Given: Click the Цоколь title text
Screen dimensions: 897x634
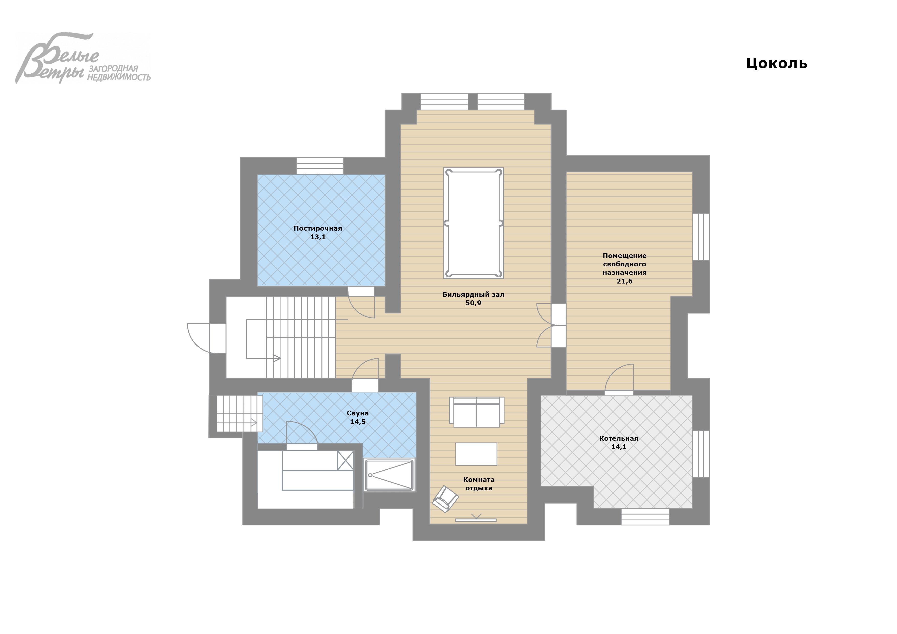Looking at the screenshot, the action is [776, 64].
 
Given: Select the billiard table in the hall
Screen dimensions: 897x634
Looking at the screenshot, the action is [474, 223].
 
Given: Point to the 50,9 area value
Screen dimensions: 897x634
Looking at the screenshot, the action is [474, 303].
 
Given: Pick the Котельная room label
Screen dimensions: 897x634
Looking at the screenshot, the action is [619, 438].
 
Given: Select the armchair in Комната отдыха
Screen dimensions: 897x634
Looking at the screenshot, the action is [445, 499].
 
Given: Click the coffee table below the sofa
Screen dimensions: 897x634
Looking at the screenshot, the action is [476, 454].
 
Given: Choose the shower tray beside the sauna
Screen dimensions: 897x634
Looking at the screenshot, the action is [389, 475].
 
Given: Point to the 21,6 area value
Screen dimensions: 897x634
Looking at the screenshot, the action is [624, 281].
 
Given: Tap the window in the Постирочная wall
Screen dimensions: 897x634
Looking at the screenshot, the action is [320, 166].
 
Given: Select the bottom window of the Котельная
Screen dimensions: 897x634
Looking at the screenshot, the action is [645, 516].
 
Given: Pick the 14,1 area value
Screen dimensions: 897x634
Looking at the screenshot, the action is [619, 447].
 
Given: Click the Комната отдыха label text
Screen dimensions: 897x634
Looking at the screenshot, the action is [479, 484].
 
